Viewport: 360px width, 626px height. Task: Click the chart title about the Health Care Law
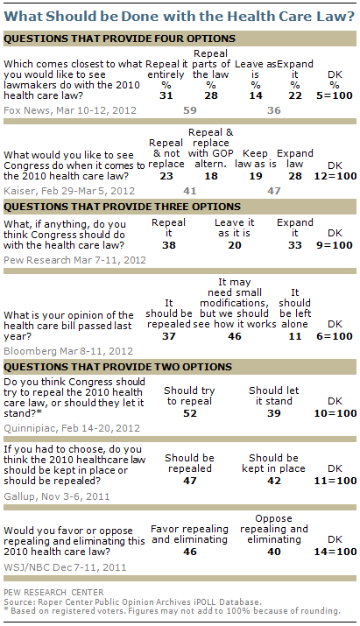[180, 17]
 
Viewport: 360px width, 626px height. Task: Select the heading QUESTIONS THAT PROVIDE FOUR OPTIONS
[119, 39]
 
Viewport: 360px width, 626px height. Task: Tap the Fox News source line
[70, 110]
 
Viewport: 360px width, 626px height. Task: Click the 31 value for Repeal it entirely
[166, 95]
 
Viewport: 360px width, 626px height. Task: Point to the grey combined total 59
[190, 110]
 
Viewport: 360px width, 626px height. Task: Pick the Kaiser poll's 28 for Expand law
[295, 176]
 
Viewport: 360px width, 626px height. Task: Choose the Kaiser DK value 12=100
[335, 176]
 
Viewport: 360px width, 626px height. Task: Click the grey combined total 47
[273, 191]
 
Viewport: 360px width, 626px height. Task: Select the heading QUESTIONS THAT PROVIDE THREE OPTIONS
[123, 207]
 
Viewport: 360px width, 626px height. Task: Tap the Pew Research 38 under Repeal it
[168, 245]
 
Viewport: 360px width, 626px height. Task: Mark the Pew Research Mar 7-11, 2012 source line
[74, 260]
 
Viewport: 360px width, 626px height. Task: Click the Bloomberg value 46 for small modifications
[235, 336]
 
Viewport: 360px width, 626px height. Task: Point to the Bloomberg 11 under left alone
[295, 336]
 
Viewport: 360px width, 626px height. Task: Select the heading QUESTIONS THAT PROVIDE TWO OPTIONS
[118, 367]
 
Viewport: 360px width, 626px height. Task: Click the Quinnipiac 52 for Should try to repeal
[190, 413]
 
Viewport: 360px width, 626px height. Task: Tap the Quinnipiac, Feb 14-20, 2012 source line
[72, 428]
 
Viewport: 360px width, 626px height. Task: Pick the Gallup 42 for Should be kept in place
[273, 481]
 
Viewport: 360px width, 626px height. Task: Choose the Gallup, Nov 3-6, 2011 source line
[57, 496]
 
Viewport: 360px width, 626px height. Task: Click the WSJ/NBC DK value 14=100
[335, 552]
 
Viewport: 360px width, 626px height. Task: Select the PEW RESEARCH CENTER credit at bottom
[53, 593]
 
